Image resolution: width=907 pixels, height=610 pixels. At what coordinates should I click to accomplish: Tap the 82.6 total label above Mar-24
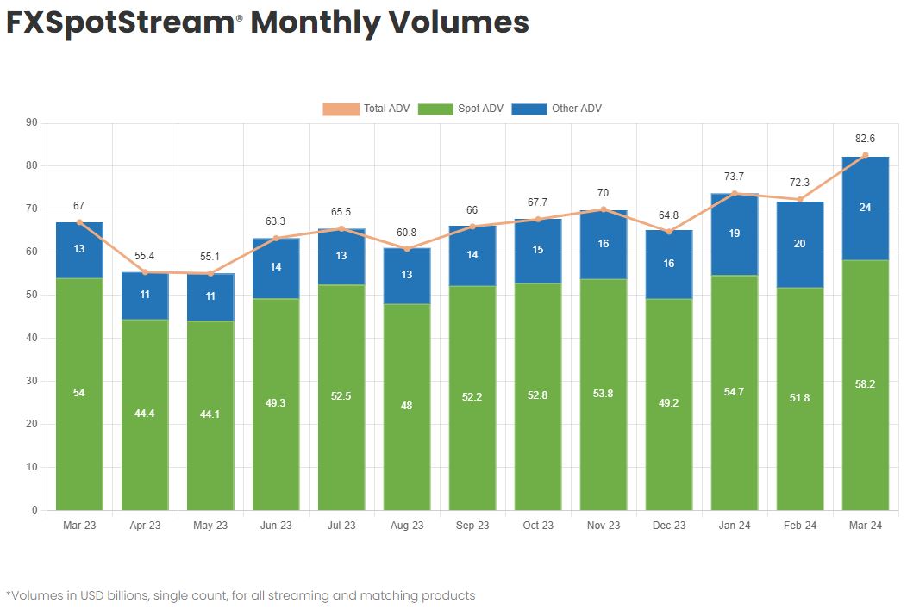(866, 138)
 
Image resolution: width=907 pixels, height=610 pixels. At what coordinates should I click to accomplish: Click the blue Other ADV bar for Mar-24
(866, 208)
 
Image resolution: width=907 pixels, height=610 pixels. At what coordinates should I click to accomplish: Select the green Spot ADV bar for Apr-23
(145, 414)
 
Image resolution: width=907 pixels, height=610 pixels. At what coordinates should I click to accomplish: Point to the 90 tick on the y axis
(31, 122)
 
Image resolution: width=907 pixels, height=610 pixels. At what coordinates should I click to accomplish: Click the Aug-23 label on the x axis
(407, 526)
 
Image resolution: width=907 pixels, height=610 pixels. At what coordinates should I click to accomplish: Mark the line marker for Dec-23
(669, 231)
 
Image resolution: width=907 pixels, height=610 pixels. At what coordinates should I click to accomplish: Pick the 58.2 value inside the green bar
(866, 384)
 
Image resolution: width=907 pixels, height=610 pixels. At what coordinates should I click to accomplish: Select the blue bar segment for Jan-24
(735, 234)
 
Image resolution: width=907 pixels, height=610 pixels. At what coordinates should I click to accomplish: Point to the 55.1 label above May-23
(210, 257)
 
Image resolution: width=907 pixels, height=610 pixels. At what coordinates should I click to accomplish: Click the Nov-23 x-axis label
(604, 526)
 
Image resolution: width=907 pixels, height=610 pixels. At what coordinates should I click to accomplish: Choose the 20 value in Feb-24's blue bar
(800, 244)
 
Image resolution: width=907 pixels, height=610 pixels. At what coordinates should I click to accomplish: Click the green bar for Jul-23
(341, 396)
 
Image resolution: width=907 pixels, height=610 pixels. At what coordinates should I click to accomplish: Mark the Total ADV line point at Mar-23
(79, 222)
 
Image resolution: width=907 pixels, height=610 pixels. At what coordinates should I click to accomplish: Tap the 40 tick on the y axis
(31, 338)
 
